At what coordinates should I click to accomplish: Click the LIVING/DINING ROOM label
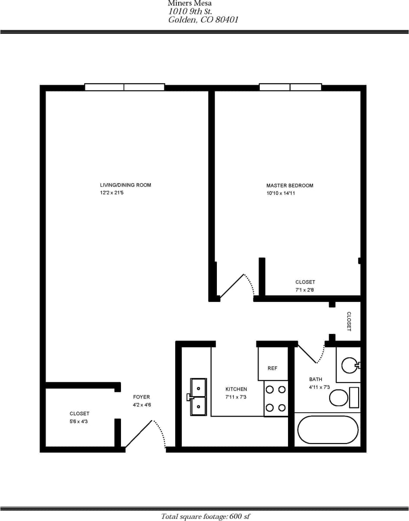pos(125,185)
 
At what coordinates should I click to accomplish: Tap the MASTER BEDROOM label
pos(290,185)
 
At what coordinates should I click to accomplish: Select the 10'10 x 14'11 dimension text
pos(281,193)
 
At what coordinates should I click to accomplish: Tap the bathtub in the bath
pos(328,430)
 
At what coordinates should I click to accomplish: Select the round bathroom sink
pos(349,365)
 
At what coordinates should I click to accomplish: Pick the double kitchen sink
pos(198,397)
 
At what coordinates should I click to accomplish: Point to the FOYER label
pos(141,397)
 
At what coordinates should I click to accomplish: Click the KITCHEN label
pos(236,389)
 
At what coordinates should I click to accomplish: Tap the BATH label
pos(316,379)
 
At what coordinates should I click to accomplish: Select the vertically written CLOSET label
pos(349,321)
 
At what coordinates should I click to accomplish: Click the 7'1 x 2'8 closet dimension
pos(304,290)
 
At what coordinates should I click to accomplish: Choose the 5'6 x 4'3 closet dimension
pos(79,421)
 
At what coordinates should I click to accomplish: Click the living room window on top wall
pos(124,87)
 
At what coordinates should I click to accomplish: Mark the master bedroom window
pos(290,87)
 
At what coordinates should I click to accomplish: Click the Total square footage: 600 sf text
pos(205,516)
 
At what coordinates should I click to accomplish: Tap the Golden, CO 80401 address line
pos(203,20)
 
